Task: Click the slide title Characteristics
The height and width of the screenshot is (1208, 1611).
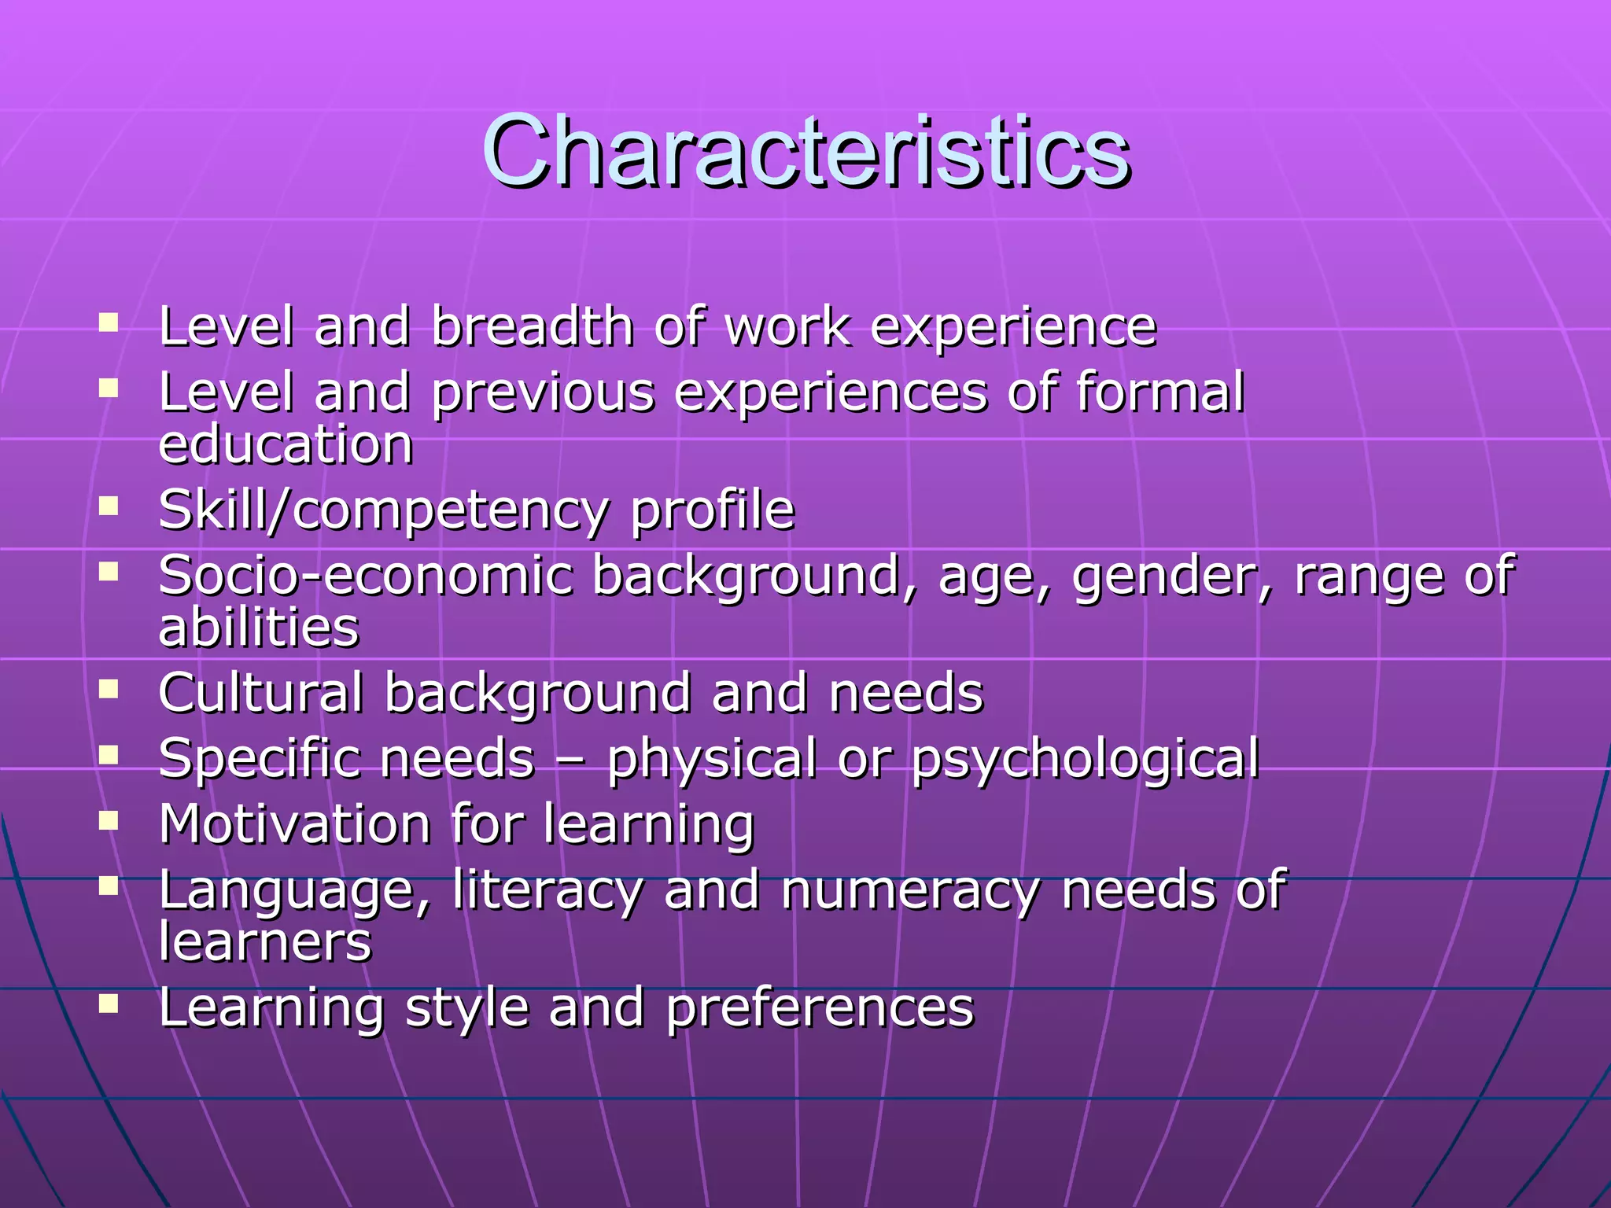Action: click(x=805, y=151)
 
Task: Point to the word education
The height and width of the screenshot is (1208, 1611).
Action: click(x=286, y=444)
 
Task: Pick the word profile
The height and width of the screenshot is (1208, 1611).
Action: click(x=713, y=511)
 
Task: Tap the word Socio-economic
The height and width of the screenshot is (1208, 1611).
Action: click(x=366, y=575)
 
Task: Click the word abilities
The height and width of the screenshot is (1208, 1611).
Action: click(x=259, y=627)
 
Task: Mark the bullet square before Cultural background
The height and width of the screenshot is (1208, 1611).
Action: click(x=109, y=689)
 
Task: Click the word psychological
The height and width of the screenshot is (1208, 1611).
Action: click(x=1086, y=760)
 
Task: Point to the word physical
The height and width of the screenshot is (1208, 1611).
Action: click(x=712, y=760)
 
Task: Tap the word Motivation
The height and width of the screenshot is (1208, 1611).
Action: click(x=295, y=824)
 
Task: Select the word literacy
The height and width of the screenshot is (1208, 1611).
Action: click(x=547, y=891)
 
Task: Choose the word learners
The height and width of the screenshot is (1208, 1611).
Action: click(x=265, y=941)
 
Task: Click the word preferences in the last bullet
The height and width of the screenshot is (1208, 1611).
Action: click(x=820, y=1008)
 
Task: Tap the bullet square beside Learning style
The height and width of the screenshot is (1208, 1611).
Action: click(x=109, y=1004)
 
